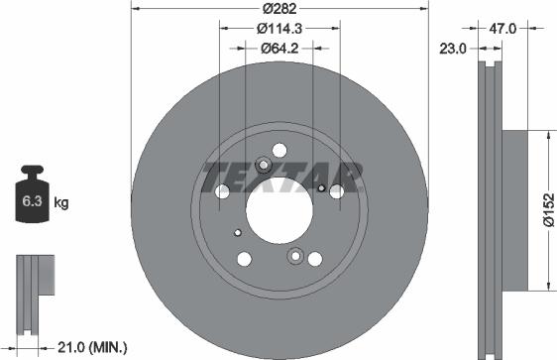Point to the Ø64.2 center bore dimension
click(279, 47)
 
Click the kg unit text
click(60, 204)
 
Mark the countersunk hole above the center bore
click(264, 166)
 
